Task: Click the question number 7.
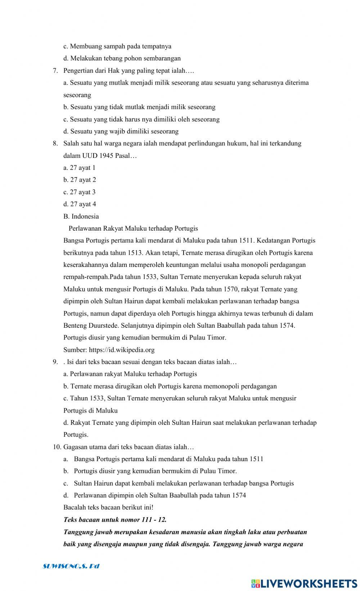pos(55,71)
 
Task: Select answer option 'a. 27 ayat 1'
pos(80,168)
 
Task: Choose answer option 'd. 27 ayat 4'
pos(80,204)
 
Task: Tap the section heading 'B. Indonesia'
pos(81,216)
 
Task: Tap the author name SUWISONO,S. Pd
pos(71,566)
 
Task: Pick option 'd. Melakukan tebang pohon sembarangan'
pos(122,58)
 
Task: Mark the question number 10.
pos(57,447)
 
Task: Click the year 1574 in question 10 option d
pos(239,495)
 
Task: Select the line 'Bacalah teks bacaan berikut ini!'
pos(108,508)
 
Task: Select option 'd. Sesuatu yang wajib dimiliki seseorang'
pos(121,131)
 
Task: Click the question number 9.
pos(55,362)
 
